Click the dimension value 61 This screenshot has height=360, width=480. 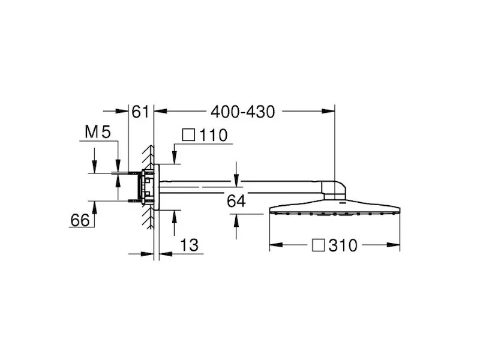click(140, 112)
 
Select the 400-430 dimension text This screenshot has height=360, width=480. click(243, 112)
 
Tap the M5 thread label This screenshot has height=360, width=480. click(98, 132)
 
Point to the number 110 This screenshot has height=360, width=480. click(214, 136)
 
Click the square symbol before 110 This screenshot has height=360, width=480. click(188, 134)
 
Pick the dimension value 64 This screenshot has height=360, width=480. click(236, 201)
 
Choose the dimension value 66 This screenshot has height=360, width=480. click(80, 220)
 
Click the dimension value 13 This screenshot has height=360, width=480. click(189, 245)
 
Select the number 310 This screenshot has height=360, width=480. click(343, 245)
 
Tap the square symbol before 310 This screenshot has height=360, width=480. click(319, 245)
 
